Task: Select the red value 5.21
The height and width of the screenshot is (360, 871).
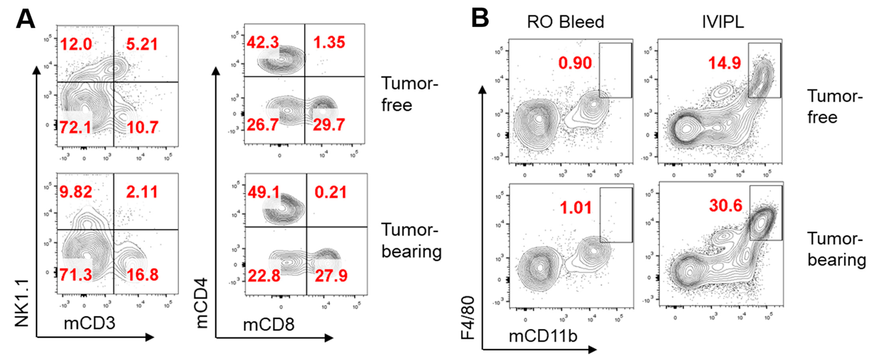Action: point(142,44)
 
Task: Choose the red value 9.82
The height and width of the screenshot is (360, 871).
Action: point(76,192)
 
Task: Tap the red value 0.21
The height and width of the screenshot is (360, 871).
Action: point(330,192)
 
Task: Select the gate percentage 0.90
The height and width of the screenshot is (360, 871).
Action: point(575,63)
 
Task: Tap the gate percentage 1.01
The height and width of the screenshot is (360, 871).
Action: point(576,208)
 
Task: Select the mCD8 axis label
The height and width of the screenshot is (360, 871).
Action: point(269,325)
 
